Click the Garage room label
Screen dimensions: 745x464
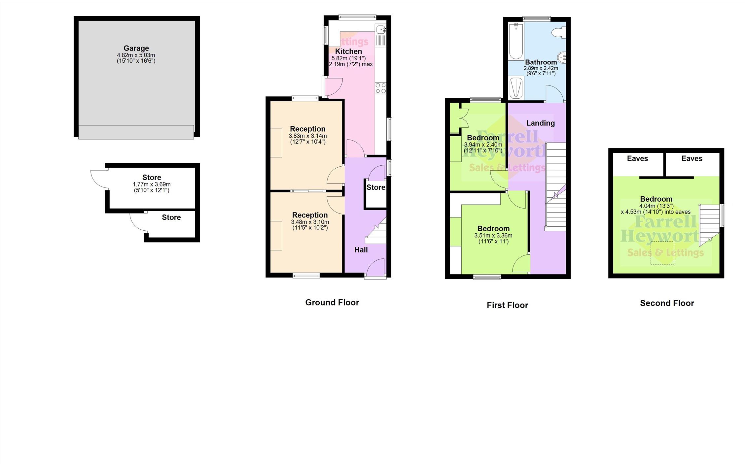tap(136, 48)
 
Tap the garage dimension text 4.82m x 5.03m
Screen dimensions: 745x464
tap(136, 55)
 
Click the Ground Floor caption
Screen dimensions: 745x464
tap(332, 302)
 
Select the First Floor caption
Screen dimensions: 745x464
tap(507, 305)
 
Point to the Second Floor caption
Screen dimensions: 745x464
tap(667, 303)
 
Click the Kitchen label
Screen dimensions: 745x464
tap(348, 51)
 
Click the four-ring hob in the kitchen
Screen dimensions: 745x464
tap(381, 88)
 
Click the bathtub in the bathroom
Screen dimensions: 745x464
tap(515, 41)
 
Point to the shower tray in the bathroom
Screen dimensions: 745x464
tap(516, 88)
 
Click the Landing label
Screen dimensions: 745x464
tap(540, 123)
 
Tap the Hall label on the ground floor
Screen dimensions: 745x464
tap(361, 250)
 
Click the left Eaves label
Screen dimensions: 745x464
tap(637, 158)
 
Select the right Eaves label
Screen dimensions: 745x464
tap(692, 158)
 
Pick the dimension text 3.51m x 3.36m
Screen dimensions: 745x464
tap(493, 236)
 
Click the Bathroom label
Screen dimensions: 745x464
tap(541, 62)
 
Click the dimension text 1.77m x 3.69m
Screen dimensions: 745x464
tap(152, 184)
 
